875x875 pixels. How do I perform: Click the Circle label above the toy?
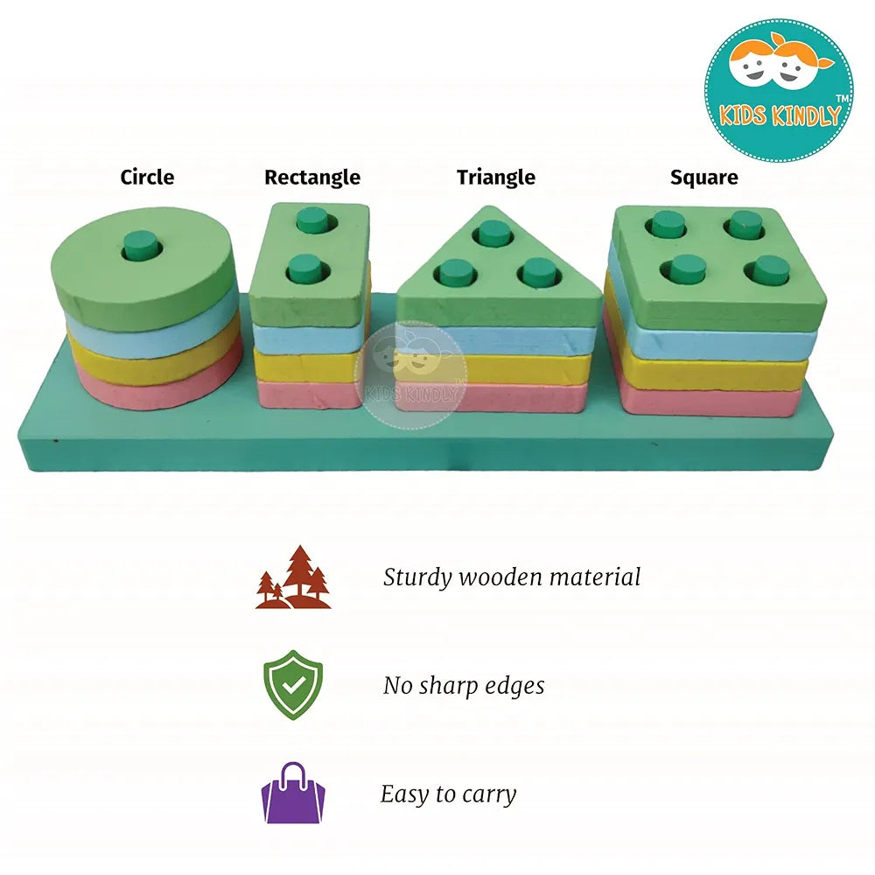[x=147, y=177]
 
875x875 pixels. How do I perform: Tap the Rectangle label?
[x=312, y=178]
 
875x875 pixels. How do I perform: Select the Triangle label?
[x=495, y=178]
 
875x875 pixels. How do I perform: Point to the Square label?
[x=703, y=178]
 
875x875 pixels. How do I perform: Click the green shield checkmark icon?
[x=293, y=684]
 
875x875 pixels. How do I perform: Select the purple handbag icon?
[x=293, y=793]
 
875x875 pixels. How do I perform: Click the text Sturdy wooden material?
[x=512, y=577]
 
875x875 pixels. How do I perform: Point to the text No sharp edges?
[x=464, y=686]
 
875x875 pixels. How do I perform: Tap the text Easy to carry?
[x=448, y=794]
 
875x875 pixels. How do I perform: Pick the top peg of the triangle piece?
[x=495, y=233]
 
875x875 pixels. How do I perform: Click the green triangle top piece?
[x=499, y=302]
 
